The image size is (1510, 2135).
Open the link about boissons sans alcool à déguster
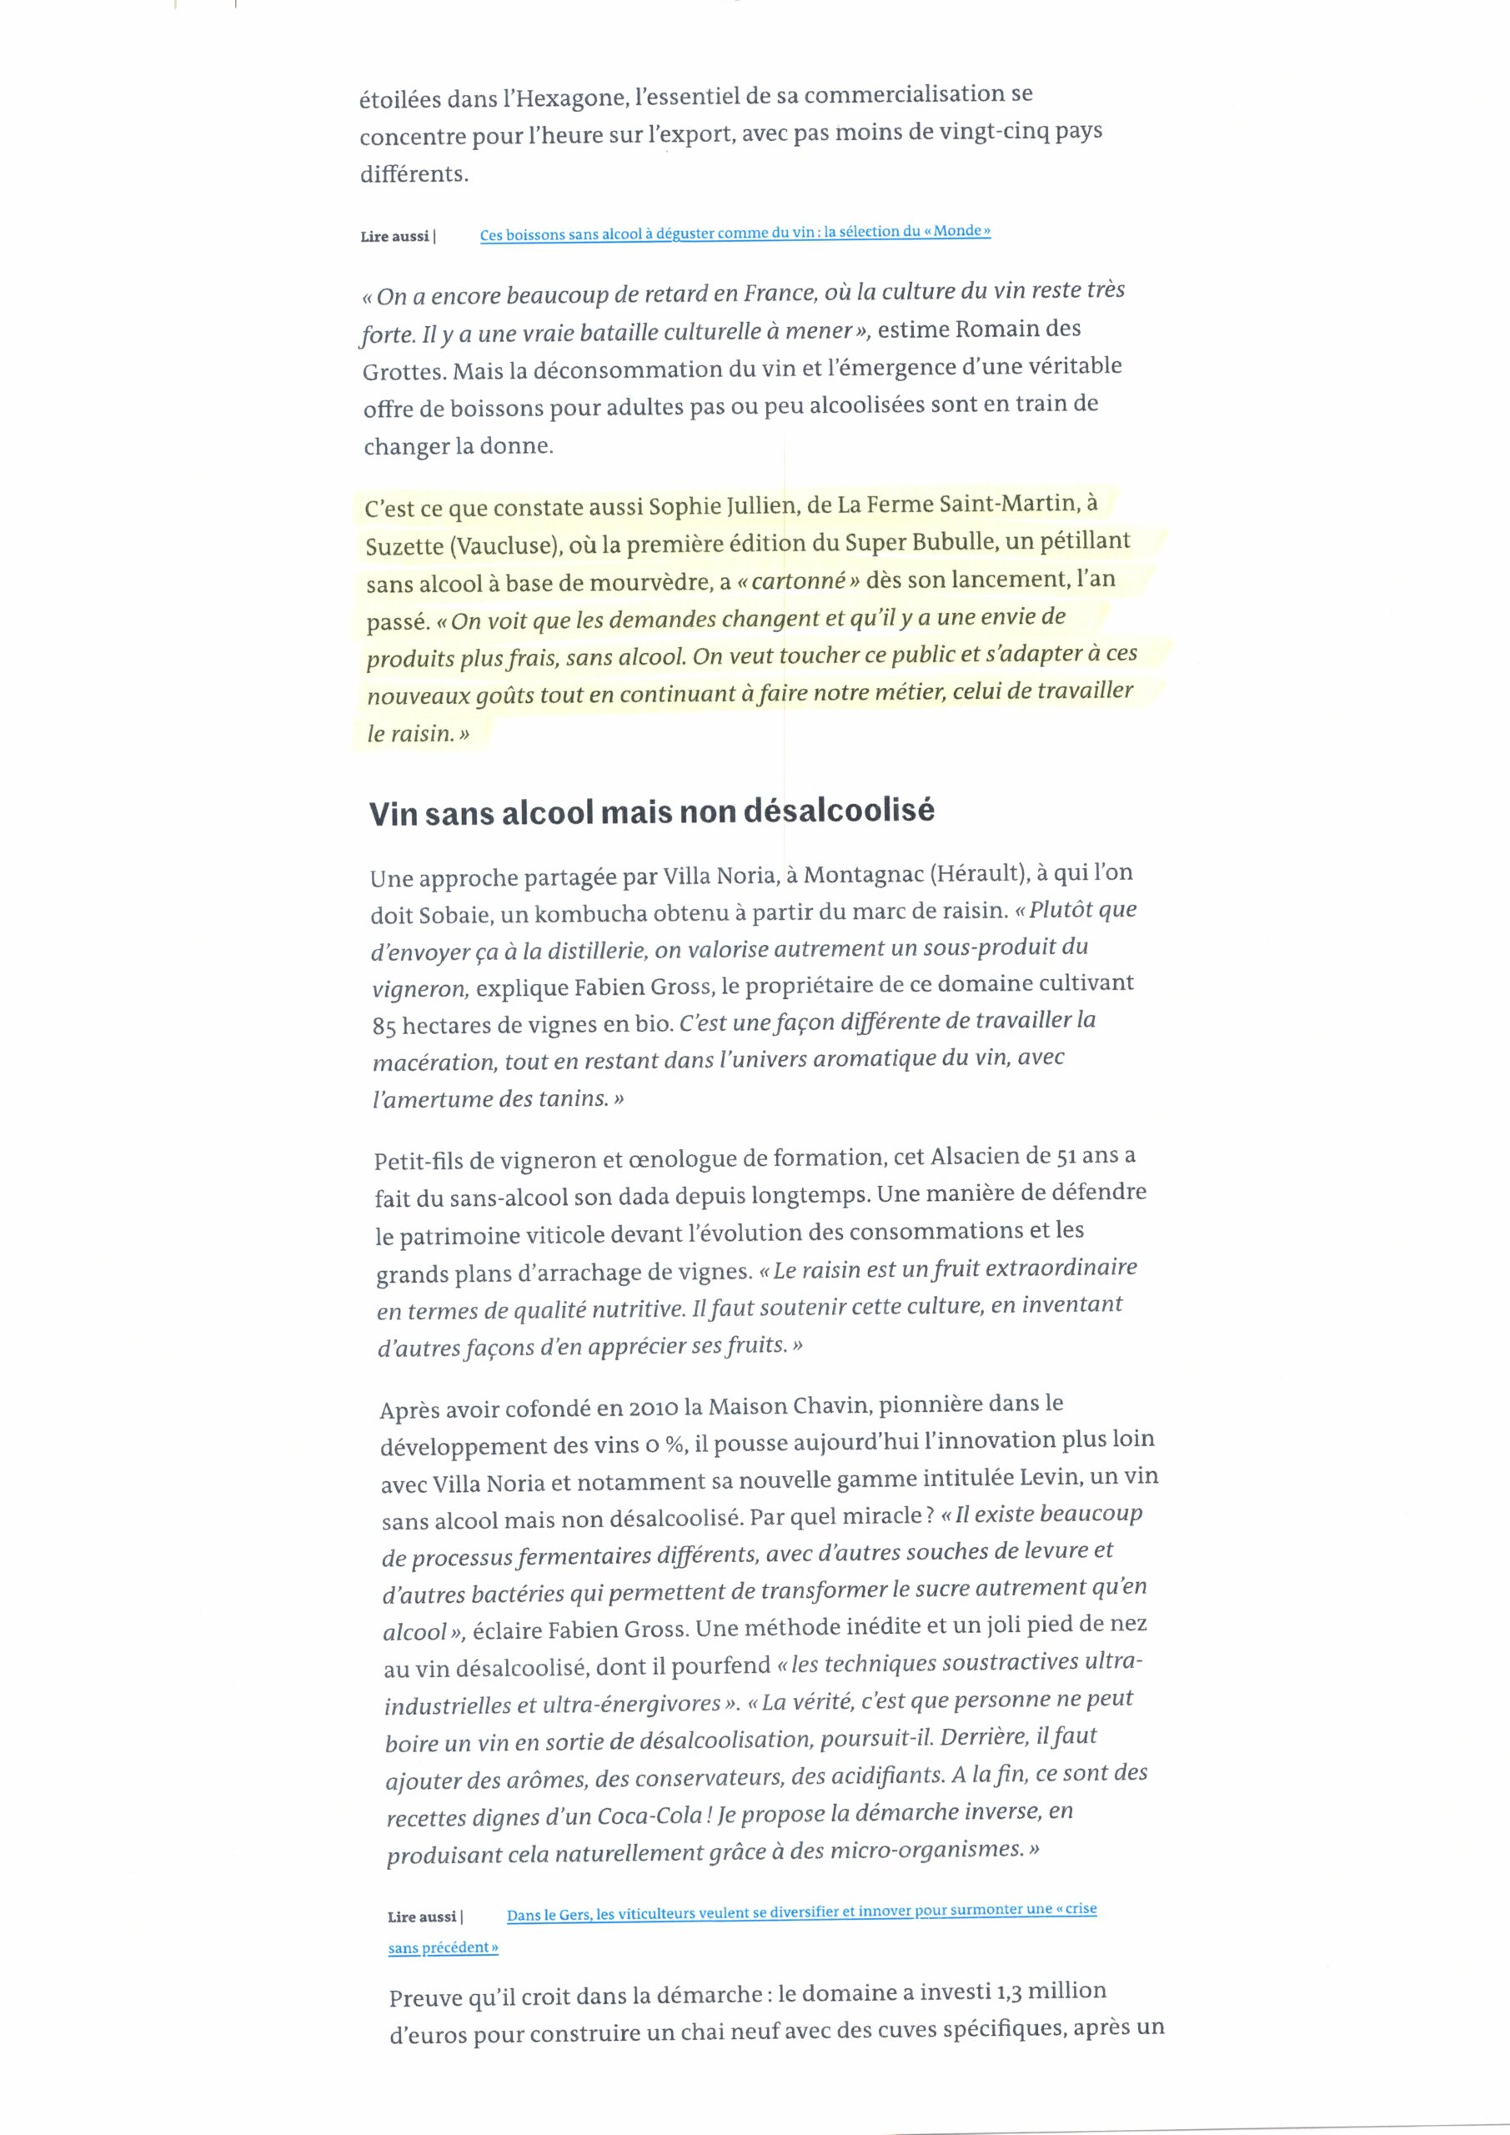735,233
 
